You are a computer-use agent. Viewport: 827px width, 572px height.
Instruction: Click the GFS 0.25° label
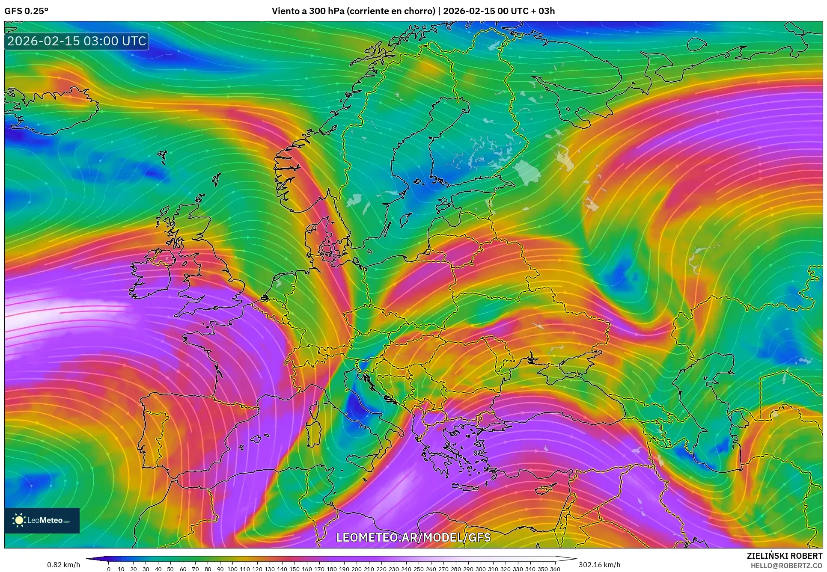point(26,11)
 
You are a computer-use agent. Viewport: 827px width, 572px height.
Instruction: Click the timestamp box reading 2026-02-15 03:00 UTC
point(77,41)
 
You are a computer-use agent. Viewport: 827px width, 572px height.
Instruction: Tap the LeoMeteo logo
point(42,520)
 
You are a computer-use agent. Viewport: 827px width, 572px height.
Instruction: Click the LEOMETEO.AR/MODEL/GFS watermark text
point(413,537)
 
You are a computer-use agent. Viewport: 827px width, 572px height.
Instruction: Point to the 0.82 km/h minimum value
point(63,565)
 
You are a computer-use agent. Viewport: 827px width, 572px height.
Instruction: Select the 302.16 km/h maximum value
point(599,565)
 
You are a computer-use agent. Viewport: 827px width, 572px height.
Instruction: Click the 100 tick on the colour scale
point(232,569)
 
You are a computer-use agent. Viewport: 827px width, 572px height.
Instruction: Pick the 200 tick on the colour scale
point(357,569)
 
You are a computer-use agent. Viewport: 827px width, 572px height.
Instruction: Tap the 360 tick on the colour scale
point(555,569)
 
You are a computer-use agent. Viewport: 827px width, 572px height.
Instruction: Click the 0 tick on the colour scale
point(109,569)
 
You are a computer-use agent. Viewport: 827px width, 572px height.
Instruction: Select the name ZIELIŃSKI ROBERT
point(784,556)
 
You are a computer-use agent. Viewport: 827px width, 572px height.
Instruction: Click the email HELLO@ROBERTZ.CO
point(786,566)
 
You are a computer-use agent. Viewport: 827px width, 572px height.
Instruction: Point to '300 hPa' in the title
point(327,11)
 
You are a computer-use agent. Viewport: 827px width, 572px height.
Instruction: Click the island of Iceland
point(51,107)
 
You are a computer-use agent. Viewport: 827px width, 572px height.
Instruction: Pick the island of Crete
point(469,487)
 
